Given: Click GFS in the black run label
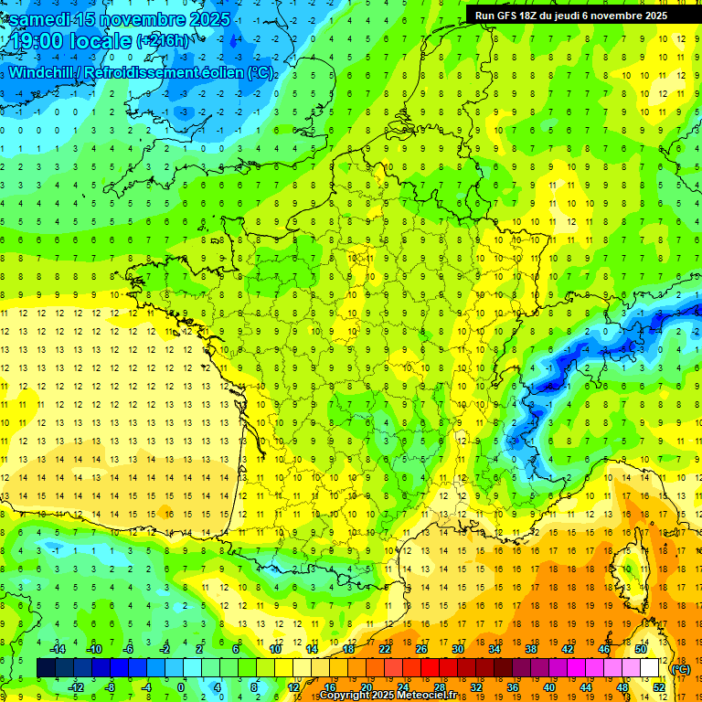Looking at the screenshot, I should [x=505, y=16].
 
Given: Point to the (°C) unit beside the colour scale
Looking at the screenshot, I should [x=680, y=669].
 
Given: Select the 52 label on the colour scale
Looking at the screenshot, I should [x=658, y=687].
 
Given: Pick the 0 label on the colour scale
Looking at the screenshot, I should [x=181, y=687].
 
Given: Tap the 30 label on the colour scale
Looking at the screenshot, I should [x=457, y=649].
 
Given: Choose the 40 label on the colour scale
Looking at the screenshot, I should [x=549, y=687].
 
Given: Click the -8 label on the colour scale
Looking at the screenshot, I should [x=110, y=687].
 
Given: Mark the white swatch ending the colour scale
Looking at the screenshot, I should [x=649, y=668].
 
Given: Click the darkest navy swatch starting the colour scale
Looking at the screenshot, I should [x=47, y=668].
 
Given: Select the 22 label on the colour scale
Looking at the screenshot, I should [x=385, y=649].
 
